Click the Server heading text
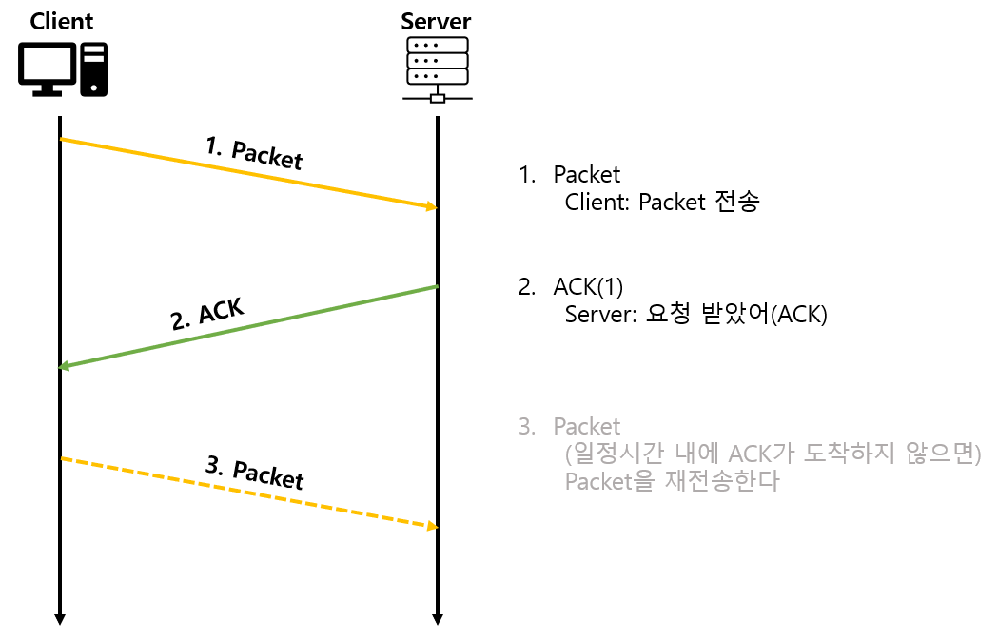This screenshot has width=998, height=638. pyautogui.click(x=436, y=21)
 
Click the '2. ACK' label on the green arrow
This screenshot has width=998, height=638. pyautogui.click(x=207, y=314)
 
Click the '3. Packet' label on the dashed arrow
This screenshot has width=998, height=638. pyautogui.click(x=254, y=473)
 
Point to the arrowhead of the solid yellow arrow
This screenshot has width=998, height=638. pyautogui.click(x=431, y=206)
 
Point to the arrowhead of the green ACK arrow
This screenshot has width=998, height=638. pyautogui.click(x=65, y=366)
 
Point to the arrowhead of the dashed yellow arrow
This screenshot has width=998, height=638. pyautogui.click(x=431, y=526)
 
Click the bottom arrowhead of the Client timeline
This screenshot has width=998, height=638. pyautogui.click(x=60, y=619)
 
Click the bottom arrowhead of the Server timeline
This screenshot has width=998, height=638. pyautogui.click(x=437, y=619)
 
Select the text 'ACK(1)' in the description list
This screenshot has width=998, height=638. pyautogui.click(x=588, y=287)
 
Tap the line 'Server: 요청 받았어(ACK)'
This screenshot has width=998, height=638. pyautogui.click(x=696, y=315)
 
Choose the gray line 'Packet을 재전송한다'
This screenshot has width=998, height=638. pyautogui.click(x=672, y=481)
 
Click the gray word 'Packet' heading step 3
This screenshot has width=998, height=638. pyautogui.click(x=587, y=426)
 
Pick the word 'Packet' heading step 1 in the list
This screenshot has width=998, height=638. pyautogui.click(x=587, y=175)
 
